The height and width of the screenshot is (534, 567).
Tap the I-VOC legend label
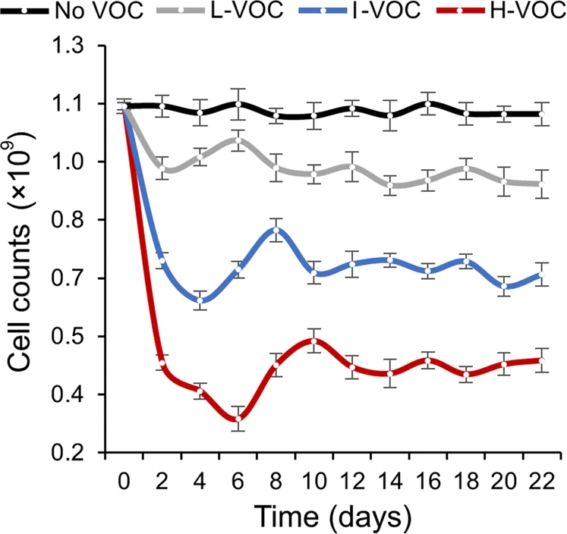click(378, 12)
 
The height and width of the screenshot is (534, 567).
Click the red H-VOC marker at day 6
click(238, 419)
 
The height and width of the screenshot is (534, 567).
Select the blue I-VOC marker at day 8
click(276, 230)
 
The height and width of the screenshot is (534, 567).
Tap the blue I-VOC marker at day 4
click(200, 300)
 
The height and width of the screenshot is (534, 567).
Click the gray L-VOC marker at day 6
click(238, 140)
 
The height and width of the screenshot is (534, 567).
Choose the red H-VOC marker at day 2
click(162, 363)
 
